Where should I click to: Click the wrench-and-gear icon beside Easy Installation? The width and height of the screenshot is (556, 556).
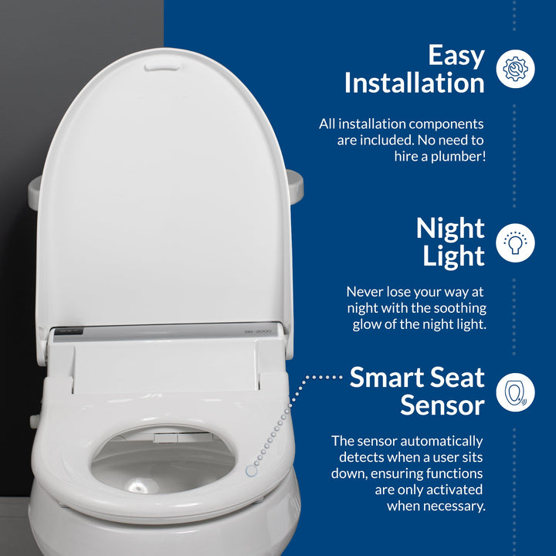[x=515, y=69]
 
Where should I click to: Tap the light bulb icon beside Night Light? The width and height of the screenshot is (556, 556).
[x=515, y=243]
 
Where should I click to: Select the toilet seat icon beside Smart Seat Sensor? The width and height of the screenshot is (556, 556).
[x=515, y=392]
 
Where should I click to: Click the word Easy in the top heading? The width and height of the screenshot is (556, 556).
[x=456, y=56]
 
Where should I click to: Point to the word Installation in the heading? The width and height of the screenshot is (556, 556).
[x=415, y=83]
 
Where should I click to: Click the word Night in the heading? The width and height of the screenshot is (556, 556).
[x=450, y=229]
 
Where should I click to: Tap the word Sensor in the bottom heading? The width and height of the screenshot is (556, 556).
[x=442, y=405]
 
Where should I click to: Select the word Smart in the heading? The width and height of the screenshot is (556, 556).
[x=385, y=377]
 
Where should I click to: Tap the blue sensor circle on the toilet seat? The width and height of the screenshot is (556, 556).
[x=251, y=471]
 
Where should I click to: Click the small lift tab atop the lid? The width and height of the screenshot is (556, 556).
[x=162, y=66]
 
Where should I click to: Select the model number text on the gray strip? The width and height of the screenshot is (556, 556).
[x=259, y=331]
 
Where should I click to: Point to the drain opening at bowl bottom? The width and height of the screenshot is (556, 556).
[x=139, y=485]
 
